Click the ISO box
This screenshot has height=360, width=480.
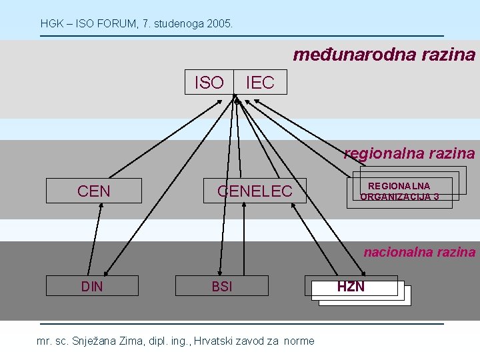[209, 82]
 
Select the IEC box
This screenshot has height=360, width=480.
[260, 82]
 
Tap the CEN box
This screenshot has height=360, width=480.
[94, 191]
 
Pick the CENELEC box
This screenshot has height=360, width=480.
[255, 191]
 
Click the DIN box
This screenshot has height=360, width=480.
[92, 286]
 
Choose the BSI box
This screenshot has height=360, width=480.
[222, 286]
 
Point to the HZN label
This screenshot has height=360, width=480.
[351, 287]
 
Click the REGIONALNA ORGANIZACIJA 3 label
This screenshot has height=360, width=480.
[399, 191]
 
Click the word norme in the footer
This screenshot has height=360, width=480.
[299, 341]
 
